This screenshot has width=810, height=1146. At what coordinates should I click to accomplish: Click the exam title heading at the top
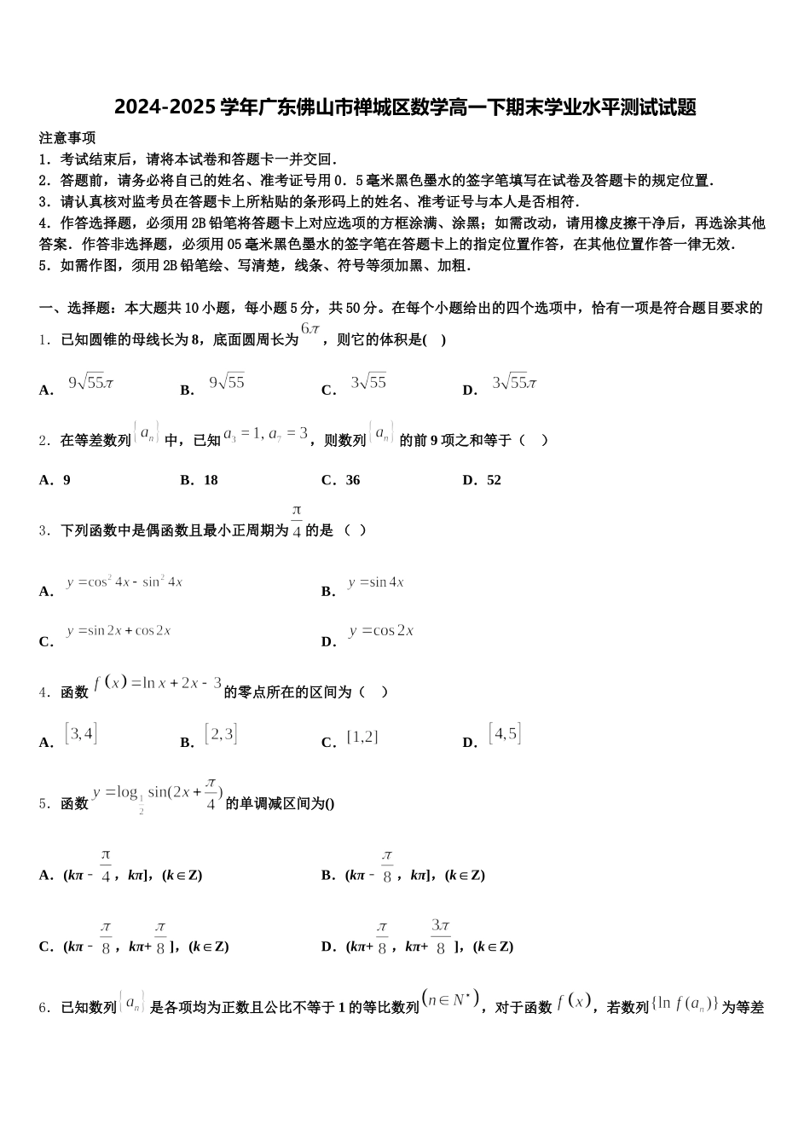[x=405, y=107]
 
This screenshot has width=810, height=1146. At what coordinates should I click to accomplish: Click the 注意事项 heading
[x=67, y=137]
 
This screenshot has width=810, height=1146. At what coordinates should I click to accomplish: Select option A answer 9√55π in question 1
[x=90, y=383]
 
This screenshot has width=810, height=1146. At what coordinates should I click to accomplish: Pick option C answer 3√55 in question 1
[x=368, y=383]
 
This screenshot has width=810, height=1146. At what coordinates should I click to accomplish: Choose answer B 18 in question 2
[x=210, y=480]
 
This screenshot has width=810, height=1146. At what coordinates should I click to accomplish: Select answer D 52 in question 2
[x=493, y=480]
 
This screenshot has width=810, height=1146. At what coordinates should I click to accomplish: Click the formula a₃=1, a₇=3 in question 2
[x=265, y=434]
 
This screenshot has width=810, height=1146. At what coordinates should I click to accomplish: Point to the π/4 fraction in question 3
[x=297, y=520]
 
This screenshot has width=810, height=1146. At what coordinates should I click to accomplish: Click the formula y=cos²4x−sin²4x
[x=124, y=582]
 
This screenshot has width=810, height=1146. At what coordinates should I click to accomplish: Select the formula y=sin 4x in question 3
[x=375, y=582]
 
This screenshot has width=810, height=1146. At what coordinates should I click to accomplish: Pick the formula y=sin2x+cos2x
[x=119, y=631]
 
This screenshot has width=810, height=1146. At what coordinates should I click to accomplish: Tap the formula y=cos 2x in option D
[x=380, y=631]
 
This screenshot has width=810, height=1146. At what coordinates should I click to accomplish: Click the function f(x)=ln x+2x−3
[x=158, y=683]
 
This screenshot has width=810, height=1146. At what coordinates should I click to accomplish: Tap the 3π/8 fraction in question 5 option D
[x=440, y=936]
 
